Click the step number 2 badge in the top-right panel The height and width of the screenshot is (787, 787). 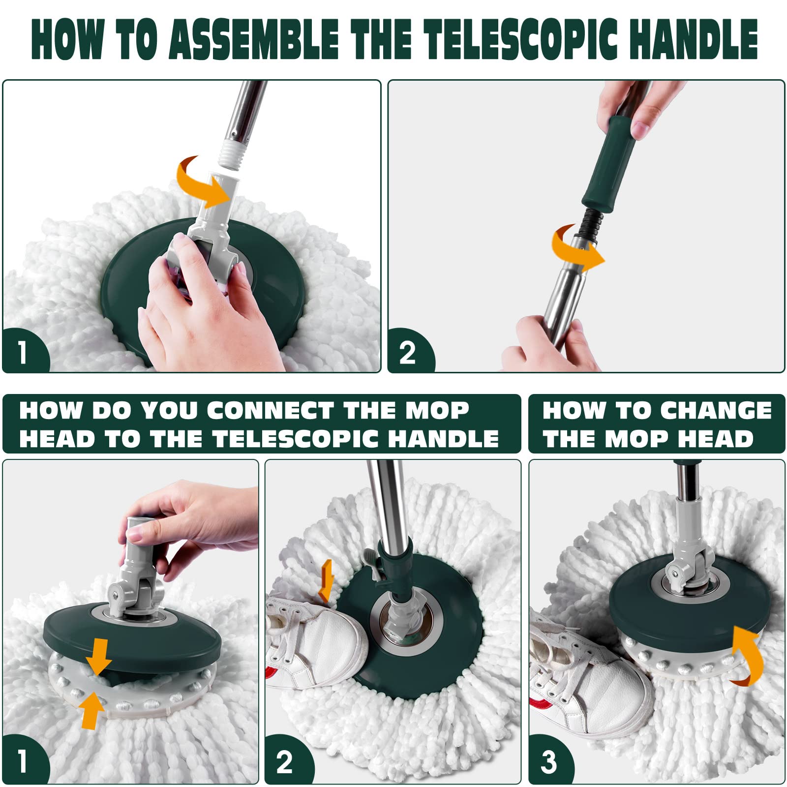click(x=408, y=352)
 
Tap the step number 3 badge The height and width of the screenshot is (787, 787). click(x=550, y=761)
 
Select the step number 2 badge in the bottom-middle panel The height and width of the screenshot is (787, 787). click(x=286, y=761)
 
